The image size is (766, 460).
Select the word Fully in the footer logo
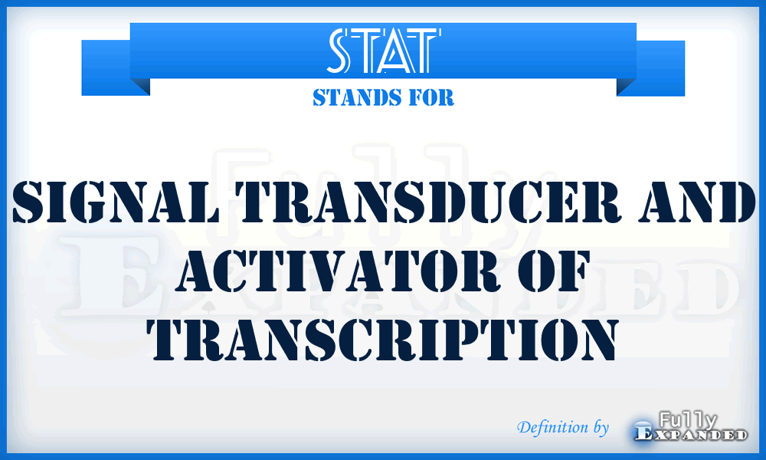click(687, 419)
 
